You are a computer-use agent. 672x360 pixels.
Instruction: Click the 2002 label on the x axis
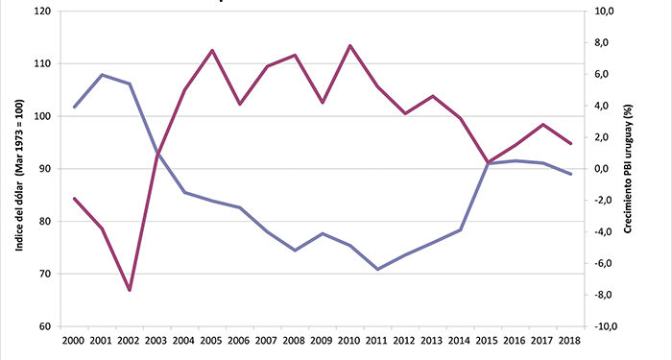(130, 340)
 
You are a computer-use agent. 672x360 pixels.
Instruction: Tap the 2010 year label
(349, 340)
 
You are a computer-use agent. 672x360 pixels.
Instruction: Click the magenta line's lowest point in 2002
(130, 290)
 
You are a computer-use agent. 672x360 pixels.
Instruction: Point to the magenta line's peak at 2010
(349, 45)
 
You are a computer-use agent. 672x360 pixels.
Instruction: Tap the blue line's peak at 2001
(102, 74)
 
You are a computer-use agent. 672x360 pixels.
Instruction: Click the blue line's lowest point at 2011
(377, 269)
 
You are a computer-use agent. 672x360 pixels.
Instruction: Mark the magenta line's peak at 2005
(211, 50)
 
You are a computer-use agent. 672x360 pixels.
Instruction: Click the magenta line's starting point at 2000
(74, 198)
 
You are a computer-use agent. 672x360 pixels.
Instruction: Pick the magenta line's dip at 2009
(322, 103)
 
